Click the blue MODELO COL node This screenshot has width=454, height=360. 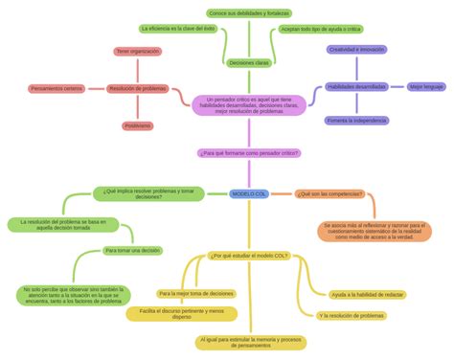click(248, 193)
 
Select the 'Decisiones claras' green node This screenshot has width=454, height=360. click(248, 62)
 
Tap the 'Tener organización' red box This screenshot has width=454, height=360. click(137, 51)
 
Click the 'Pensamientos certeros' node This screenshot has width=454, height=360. click(57, 88)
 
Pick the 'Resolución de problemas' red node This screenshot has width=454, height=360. click(137, 88)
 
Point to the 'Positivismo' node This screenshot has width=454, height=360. click(137, 125)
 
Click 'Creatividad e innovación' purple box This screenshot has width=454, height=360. click(356, 49)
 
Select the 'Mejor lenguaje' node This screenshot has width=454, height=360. click(427, 86)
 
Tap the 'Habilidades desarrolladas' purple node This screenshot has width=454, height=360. click(356, 86)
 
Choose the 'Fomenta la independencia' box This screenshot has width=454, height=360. click(356, 121)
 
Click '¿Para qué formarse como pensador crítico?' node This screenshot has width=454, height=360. click(248, 152)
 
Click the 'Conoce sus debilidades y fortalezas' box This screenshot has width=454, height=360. click(248, 13)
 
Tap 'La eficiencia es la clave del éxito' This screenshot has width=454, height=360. click(179, 29)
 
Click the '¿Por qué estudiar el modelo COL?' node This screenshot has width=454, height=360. click(248, 256)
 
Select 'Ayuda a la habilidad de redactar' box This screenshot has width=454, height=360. click(367, 294)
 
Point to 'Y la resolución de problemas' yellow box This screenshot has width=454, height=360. click(352, 315)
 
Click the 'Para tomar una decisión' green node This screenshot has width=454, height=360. click(132, 250)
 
